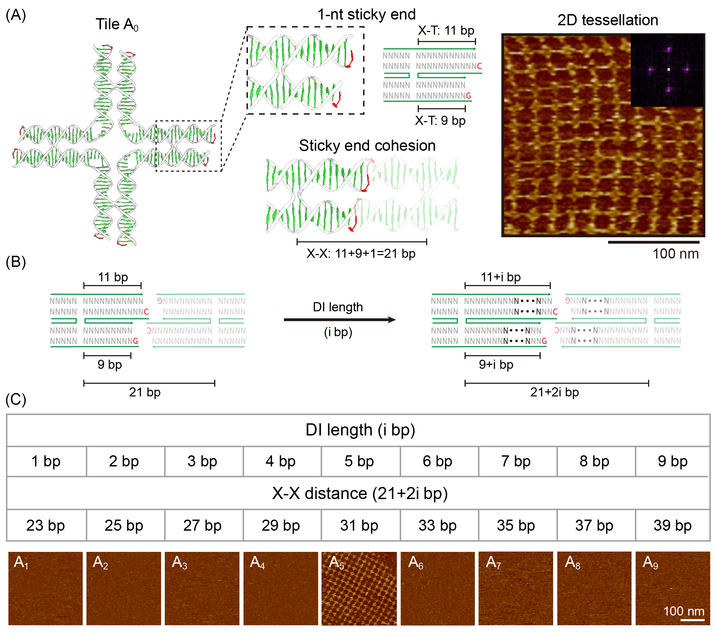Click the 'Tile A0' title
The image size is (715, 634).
[x=117, y=25]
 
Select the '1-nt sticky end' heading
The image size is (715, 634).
[x=366, y=14]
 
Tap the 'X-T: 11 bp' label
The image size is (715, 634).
[x=446, y=31]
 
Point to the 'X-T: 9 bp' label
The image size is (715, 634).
[x=440, y=120]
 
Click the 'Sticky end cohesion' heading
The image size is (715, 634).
[x=367, y=145]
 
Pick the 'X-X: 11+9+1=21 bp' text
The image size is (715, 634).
[x=361, y=253]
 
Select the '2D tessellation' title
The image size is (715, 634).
[x=608, y=20]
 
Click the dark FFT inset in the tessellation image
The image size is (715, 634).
[x=667, y=70]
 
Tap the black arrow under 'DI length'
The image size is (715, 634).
[x=339, y=320]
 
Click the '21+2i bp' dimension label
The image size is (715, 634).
[x=555, y=392]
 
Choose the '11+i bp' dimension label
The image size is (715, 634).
[x=500, y=277]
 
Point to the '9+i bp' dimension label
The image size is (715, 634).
[x=496, y=364]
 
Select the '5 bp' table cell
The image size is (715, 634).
[x=359, y=461]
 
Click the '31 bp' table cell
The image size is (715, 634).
[x=359, y=525]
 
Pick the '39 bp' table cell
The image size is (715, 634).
[x=672, y=525]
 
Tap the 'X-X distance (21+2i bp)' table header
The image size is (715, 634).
[x=359, y=493]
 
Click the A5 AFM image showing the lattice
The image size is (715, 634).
[x=359, y=589]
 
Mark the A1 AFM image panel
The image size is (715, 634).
[x=45, y=589]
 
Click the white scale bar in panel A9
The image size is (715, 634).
[x=692, y=620]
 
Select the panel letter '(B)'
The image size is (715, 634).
[x=16, y=261]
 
